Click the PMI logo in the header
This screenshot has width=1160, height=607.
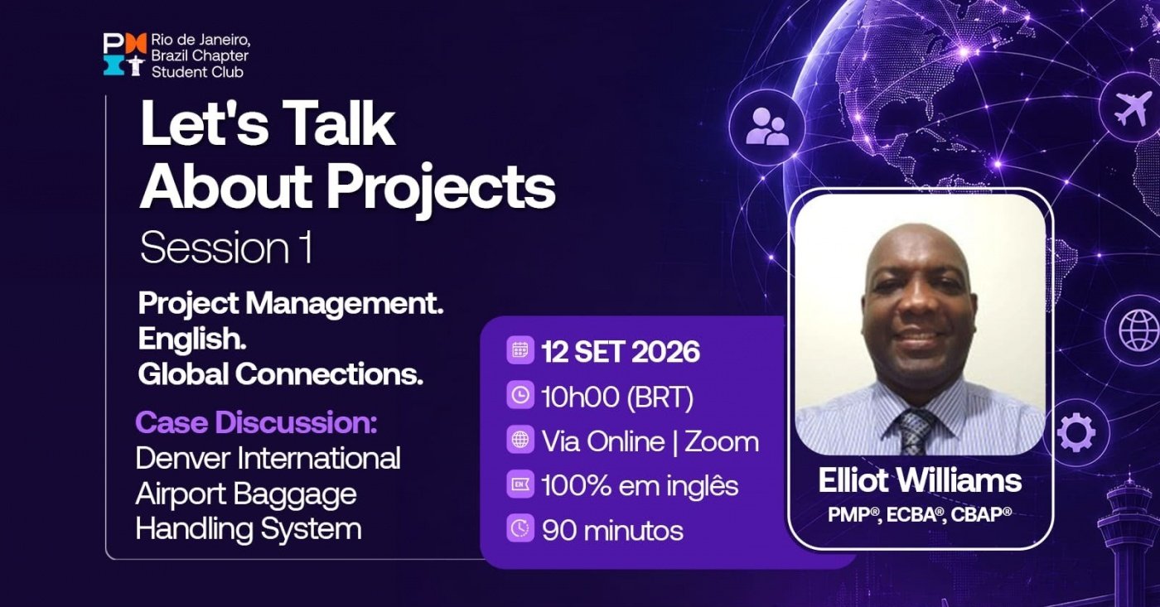point(125,55)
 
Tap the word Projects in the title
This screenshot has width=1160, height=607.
point(441,187)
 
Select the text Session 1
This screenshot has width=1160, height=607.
point(226,249)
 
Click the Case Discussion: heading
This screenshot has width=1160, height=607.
point(256,423)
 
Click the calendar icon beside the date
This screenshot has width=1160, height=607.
point(520,350)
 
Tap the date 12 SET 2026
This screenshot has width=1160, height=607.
point(621,352)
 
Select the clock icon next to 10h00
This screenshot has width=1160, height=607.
point(520,395)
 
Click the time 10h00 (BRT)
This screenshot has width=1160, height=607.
point(617,397)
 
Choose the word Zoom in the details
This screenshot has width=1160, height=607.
point(722,442)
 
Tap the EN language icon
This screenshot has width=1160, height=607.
point(520,484)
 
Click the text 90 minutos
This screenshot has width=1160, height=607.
point(612,531)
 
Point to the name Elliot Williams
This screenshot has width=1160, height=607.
point(920,481)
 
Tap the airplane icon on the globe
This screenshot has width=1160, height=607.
point(1132,108)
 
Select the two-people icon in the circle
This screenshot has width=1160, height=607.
point(767,126)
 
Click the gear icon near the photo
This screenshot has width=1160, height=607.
point(1076,432)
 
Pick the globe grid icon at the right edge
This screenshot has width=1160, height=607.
point(1138,330)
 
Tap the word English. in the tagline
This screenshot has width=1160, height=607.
point(192,340)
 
